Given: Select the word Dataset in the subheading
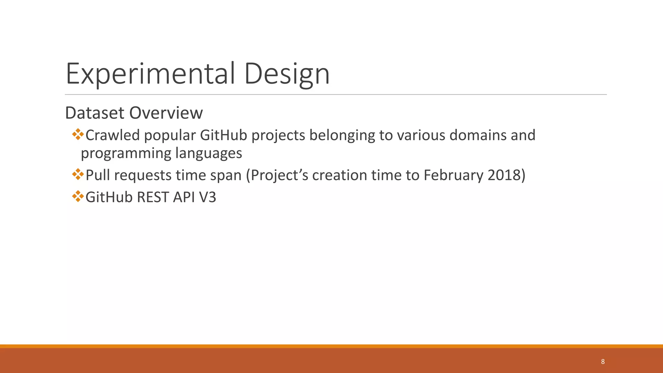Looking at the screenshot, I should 95,113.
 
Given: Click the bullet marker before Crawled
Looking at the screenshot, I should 78,134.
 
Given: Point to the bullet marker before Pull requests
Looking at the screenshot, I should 78,175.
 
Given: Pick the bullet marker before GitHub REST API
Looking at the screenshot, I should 78,197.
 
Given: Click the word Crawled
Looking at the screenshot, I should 113,135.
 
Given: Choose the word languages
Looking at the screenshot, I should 208,153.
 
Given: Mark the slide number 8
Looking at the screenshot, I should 603,362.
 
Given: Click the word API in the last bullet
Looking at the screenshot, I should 184,197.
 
